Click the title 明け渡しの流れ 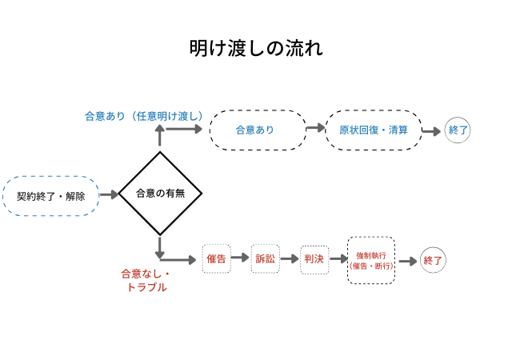[256, 49]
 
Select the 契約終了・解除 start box [51, 195]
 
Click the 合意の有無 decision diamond [161, 194]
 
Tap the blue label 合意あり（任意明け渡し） [145, 115]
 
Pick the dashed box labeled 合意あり [258, 130]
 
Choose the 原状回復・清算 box [373, 130]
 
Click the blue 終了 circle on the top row [458, 130]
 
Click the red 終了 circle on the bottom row [433, 260]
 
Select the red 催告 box [216, 259]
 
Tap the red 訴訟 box [265, 259]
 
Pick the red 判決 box [314, 259]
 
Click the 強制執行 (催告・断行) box [371, 260]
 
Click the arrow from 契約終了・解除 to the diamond [109, 194]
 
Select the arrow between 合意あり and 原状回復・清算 [315, 129]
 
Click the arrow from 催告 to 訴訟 [240, 259]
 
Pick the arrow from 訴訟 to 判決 [290, 259]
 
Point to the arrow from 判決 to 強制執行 [338, 260]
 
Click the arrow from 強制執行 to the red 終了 [407, 261]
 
